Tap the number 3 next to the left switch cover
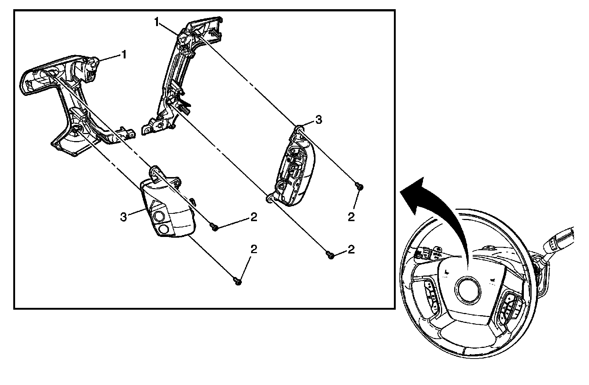124,216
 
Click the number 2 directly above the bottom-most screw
253,249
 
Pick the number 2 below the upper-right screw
351,217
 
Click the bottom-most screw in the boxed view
238,282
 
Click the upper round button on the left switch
159,217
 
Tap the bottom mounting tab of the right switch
270,198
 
